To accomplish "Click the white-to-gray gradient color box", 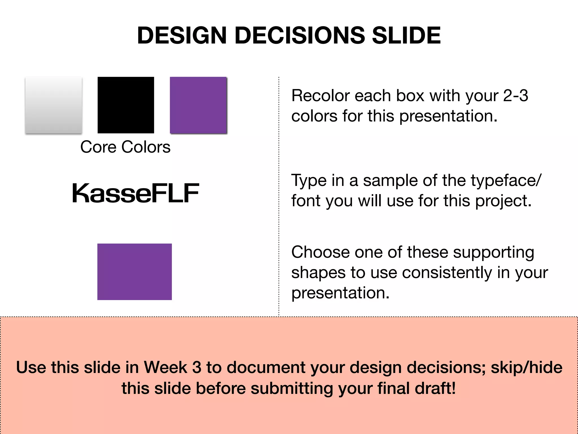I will coord(54,105).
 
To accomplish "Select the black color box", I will coord(126,105).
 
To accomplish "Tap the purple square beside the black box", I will coord(198,105).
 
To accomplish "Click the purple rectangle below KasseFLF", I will coord(134,272).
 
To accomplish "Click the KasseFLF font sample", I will coord(135,193).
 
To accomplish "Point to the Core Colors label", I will coord(125,147).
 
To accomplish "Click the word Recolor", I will coord(320,96).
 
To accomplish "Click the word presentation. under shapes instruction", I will coord(340,293).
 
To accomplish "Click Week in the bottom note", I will coord(165,368).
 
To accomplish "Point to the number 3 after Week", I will coord(197,368).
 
